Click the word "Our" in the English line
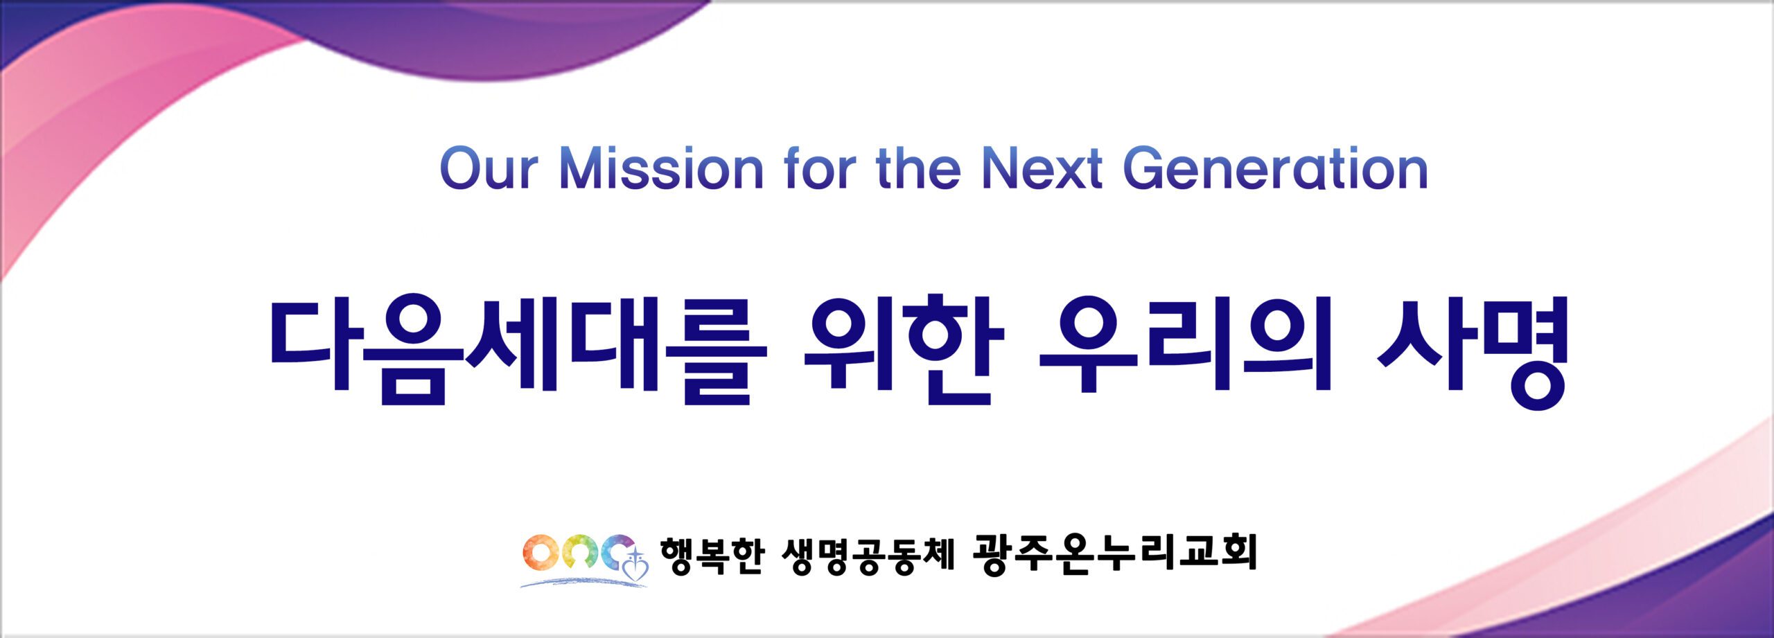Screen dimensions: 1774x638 [x=489, y=168]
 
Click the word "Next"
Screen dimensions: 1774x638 [x=1042, y=168]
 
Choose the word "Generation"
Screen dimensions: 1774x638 [x=1275, y=168]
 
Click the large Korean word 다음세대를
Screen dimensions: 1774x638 [x=518, y=350]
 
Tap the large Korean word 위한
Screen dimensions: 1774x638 [x=904, y=350]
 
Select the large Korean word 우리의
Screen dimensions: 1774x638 [x=1186, y=344]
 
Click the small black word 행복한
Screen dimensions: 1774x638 [x=712, y=556]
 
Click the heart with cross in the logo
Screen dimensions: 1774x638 [x=636, y=567]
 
